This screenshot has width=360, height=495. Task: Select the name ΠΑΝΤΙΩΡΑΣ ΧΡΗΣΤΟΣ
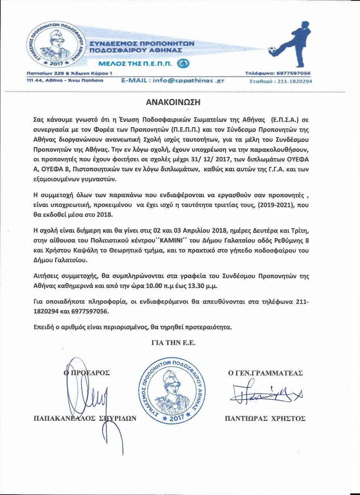pos(265,418)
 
